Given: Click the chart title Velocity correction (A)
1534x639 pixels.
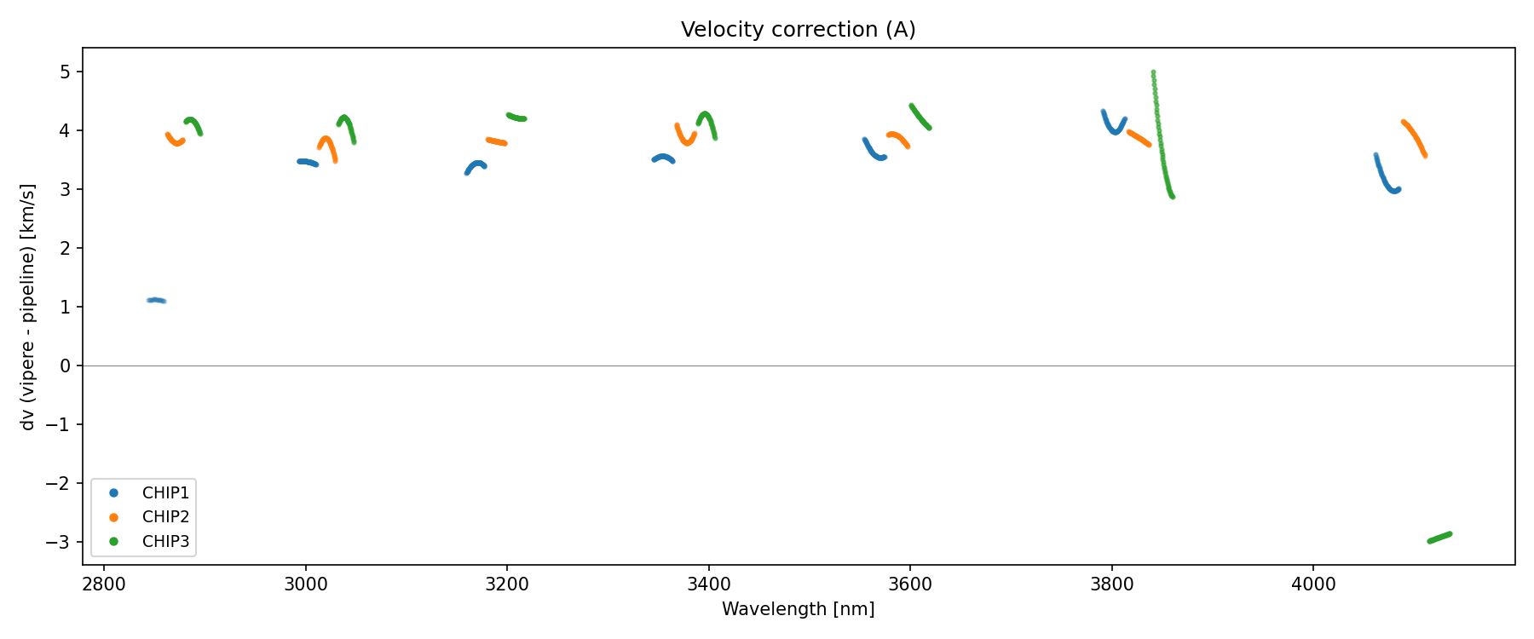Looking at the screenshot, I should (798, 30).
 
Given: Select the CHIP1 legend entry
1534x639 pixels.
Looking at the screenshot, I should (165, 493).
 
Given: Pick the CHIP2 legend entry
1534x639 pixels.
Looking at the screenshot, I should (165, 517).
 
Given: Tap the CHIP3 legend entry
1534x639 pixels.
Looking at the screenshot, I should (165, 541).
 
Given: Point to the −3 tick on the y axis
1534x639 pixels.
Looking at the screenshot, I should (61, 542).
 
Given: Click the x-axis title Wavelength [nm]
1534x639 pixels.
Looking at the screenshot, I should (798, 609).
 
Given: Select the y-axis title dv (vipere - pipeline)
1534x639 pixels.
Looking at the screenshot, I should (28, 307).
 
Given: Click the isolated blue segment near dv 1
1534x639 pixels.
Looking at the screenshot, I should (156, 300).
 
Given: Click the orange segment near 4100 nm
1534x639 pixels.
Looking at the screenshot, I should (1415, 136).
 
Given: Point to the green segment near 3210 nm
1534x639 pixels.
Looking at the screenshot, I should (516, 117).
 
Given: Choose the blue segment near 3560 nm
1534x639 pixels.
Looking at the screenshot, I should (873, 151).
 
